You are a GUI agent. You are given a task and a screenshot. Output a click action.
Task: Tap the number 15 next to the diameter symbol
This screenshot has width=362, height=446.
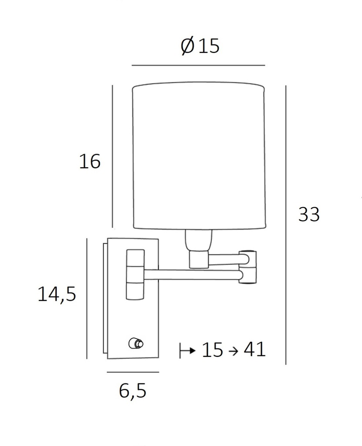(x=209, y=46)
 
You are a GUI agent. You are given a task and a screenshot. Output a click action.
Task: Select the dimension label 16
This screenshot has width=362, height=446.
(x=90, y=162)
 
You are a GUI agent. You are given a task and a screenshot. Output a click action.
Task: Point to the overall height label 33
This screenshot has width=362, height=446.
(x=309, y=215)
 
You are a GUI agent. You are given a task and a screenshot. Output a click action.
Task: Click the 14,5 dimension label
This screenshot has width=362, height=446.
(x=57, y=294)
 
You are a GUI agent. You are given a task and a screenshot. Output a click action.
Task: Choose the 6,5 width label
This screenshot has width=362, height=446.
(x=132, y=391)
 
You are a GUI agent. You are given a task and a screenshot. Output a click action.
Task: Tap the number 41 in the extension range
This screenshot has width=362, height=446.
(x=254, y=349)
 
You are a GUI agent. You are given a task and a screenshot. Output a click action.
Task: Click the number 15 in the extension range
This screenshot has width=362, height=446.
(x=213, y=350)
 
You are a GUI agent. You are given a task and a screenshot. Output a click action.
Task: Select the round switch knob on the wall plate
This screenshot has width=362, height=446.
(x=136, y=344)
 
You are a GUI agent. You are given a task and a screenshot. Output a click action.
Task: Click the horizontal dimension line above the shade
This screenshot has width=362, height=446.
(x=198, y=65)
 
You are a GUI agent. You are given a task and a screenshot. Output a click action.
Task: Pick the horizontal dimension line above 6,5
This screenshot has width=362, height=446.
(x=132, y=372)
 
